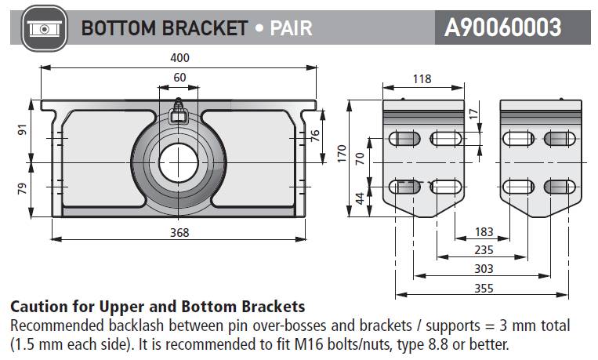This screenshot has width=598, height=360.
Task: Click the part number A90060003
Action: (502, 28)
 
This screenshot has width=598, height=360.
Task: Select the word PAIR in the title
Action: (291, 28)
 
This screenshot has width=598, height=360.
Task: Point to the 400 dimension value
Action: (179, 57)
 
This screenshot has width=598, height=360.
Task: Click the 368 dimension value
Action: (179, 232)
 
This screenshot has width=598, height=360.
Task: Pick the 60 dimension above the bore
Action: (179, 77)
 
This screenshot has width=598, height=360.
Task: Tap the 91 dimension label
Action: (23, 130)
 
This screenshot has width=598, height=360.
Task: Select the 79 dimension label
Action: (23, 189)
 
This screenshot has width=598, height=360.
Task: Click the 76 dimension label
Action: (315, 136)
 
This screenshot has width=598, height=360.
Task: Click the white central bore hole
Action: (179, 162)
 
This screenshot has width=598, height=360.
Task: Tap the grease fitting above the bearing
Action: (179, 111)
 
